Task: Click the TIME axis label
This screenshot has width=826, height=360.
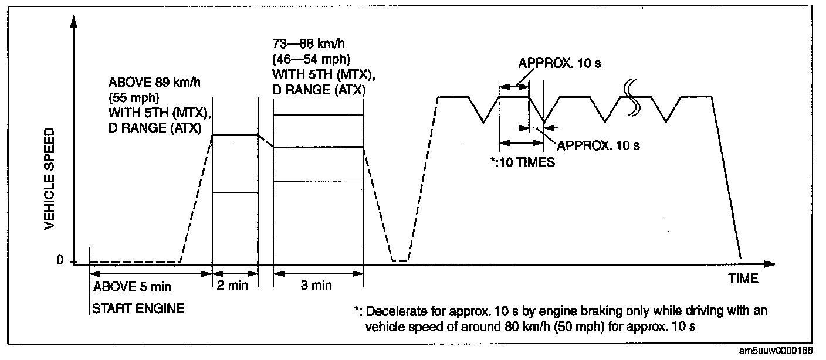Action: pyautogui.click(x=743, y=279)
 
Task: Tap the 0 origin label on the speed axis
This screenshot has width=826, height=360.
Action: pyautogui.click(x=60, y=261)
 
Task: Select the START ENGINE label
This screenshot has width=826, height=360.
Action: pyautogui.click(x=138, y=308)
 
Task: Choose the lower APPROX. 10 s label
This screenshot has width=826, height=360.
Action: pyautogui.click(x=598, y=145)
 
